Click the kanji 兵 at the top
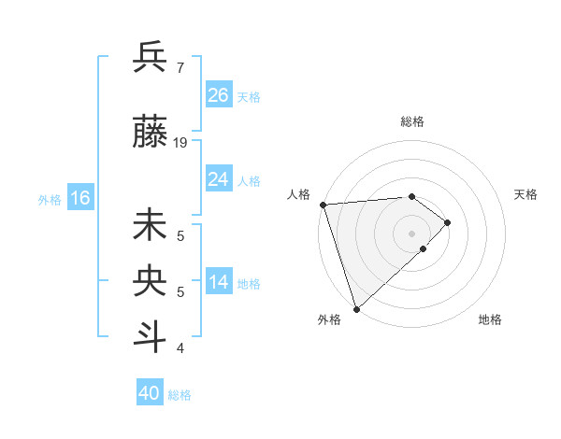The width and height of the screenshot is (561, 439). [151, 58]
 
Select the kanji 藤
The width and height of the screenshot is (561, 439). [151, 135]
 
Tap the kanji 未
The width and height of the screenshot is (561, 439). [151, 227]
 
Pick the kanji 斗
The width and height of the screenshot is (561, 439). [151, 336]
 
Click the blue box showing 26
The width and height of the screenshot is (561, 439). [219, 95]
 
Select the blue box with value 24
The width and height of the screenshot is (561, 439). [219, 179]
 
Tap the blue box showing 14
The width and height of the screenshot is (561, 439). [219, 283]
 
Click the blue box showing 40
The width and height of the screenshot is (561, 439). [150, 393]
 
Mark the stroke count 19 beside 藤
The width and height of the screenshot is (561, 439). [180, 143]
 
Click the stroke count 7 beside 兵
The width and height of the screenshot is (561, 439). [180, 67]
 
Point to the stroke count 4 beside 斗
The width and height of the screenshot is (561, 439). [180, 348]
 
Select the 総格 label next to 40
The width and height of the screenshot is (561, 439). [180, 395]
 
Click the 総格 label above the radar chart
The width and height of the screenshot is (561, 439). [411, 121]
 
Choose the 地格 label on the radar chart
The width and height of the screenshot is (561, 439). [490, 319]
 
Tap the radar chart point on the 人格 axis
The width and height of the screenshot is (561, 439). [323, 205]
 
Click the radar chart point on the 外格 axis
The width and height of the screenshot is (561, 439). [356, 308]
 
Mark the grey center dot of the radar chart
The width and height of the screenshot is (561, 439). [411, 233]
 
